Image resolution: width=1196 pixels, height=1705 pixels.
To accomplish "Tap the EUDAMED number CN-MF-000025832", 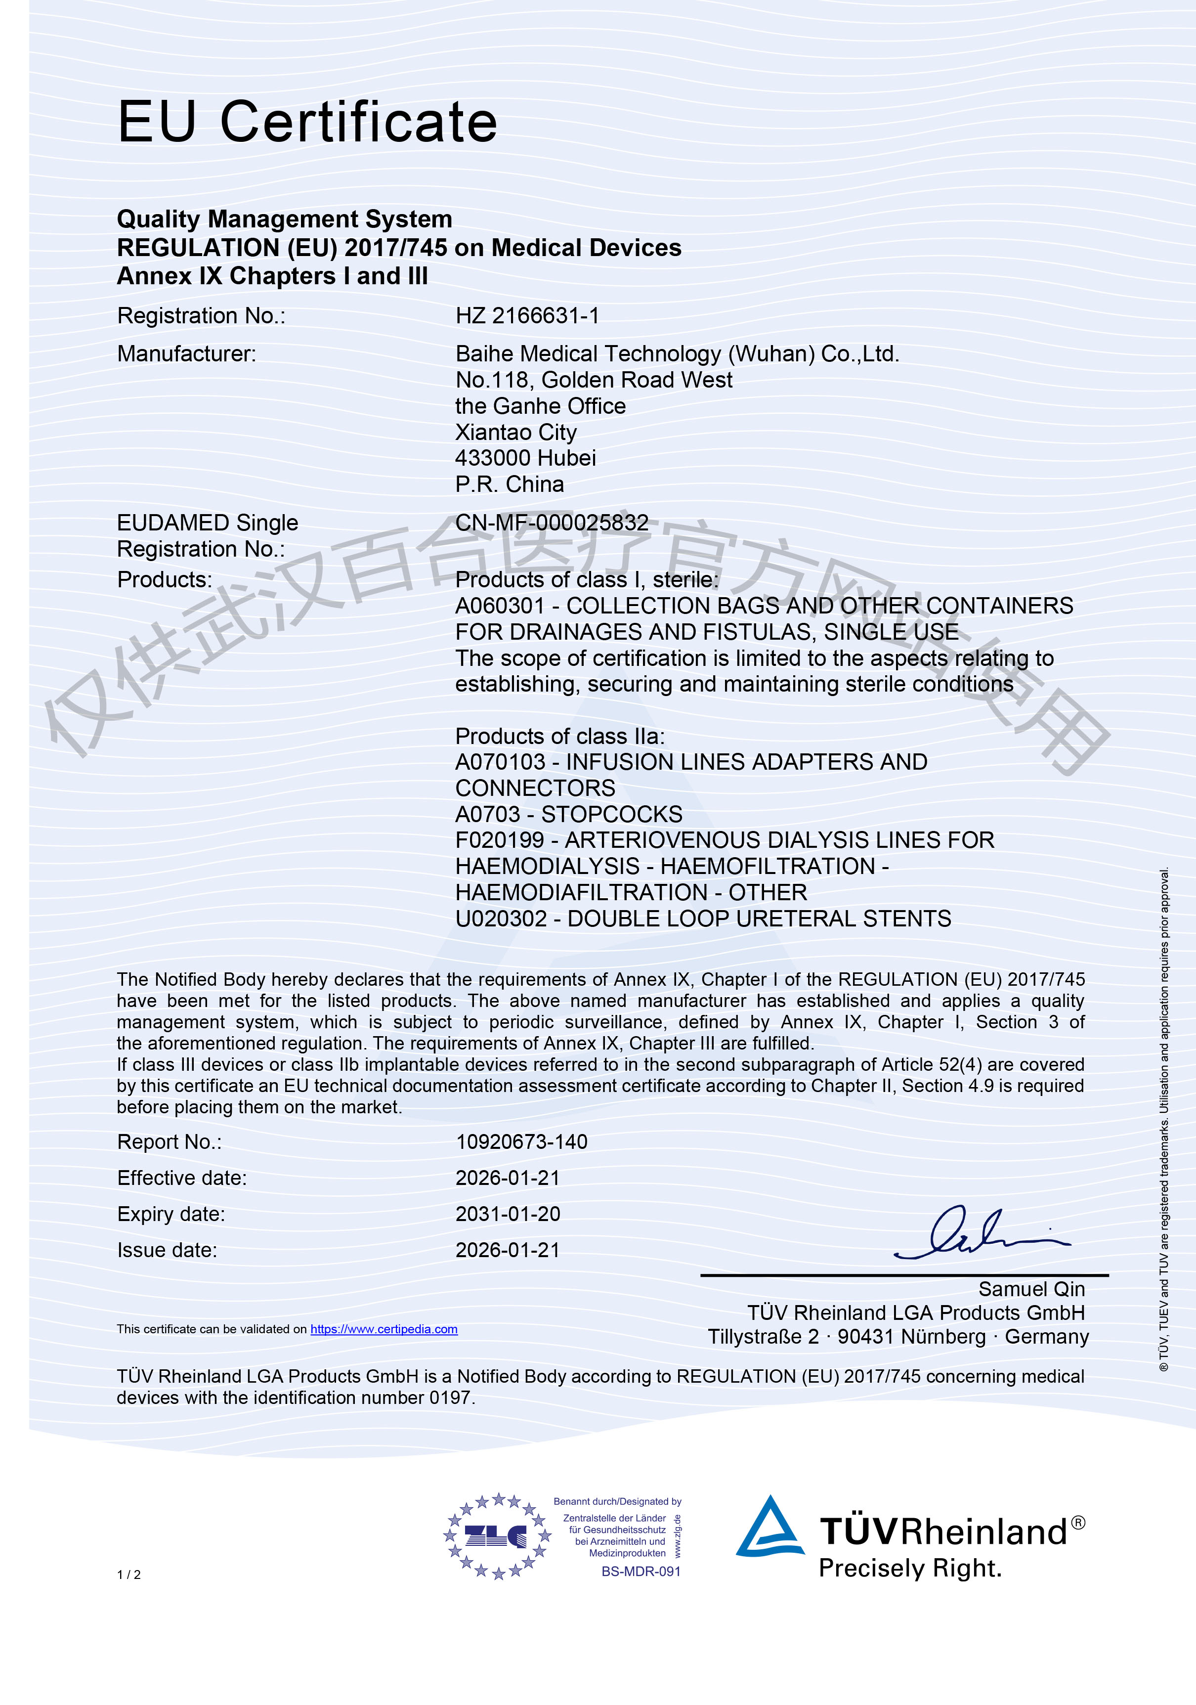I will (552, 523).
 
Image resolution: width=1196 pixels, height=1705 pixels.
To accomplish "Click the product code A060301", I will (500, 606).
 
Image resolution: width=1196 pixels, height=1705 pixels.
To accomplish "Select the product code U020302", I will (501, 919).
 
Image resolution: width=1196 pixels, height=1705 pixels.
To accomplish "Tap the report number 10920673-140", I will (521, 1142).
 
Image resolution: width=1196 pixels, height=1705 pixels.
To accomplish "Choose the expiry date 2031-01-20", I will (508, 1214).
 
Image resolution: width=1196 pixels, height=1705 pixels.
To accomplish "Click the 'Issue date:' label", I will (167, 1251).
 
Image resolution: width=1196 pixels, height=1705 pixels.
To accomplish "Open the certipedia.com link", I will (384, 1329).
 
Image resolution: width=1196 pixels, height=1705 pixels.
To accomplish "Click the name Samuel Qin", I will (1031, 1289).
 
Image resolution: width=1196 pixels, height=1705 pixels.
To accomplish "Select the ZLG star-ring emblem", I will (497, 1536).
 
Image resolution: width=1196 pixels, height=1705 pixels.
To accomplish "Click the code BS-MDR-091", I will (641, 1572).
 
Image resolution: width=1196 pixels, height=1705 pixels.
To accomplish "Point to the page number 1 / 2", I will (128, 1574).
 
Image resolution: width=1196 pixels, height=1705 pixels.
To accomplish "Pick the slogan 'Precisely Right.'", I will (910, 1569).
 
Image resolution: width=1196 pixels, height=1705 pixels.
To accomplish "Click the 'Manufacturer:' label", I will (186, 354).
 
